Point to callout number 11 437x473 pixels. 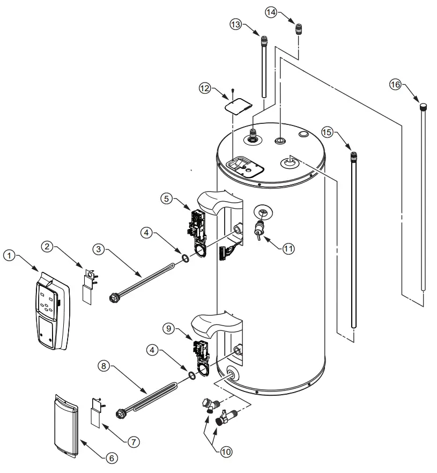coord(289,248)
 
